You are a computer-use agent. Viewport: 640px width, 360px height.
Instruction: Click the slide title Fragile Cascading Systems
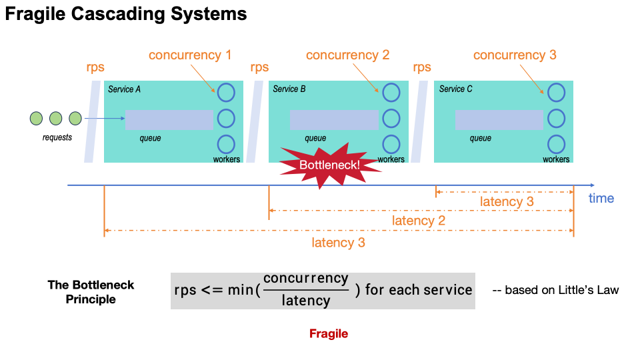click(x=126, y=14)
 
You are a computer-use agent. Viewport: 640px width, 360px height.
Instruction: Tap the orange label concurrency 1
click(x=190, y=55)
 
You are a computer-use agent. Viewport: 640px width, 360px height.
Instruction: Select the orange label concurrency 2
click(x=347, y=55)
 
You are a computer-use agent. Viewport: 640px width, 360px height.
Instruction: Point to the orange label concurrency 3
click(x=515, y=55)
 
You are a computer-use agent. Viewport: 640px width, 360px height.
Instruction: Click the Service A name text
click(x=124, y=89)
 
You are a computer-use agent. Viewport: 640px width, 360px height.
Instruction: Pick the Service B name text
click(x=289, y=89)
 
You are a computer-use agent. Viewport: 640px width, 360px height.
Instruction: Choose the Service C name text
click(x=455, y=89)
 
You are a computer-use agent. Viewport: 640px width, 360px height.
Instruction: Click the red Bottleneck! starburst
click(x=323, y=163)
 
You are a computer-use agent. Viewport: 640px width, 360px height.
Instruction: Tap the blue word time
click(x=601, y=198)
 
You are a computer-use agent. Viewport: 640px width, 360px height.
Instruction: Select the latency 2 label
click(x=418, y=221)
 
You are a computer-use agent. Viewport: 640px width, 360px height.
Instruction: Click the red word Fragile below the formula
click(x=328, y=334)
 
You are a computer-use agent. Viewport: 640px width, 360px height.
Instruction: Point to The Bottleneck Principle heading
click(x=91, y=292)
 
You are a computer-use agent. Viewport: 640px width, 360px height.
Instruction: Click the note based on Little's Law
click(x=555, y=290)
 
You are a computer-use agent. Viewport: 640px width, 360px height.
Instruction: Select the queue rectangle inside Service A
click(x=169, y=120)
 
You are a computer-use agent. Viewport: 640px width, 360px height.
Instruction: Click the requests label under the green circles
click(x=57, y=138)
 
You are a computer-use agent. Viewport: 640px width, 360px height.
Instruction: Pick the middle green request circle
click(x=56, y=119)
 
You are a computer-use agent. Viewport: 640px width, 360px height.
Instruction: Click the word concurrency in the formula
click(x=305, y=279)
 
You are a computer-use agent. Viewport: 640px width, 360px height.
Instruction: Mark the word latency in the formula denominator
click(x=305, y=301)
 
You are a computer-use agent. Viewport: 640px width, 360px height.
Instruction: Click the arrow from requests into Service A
click(x=105, y=119)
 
